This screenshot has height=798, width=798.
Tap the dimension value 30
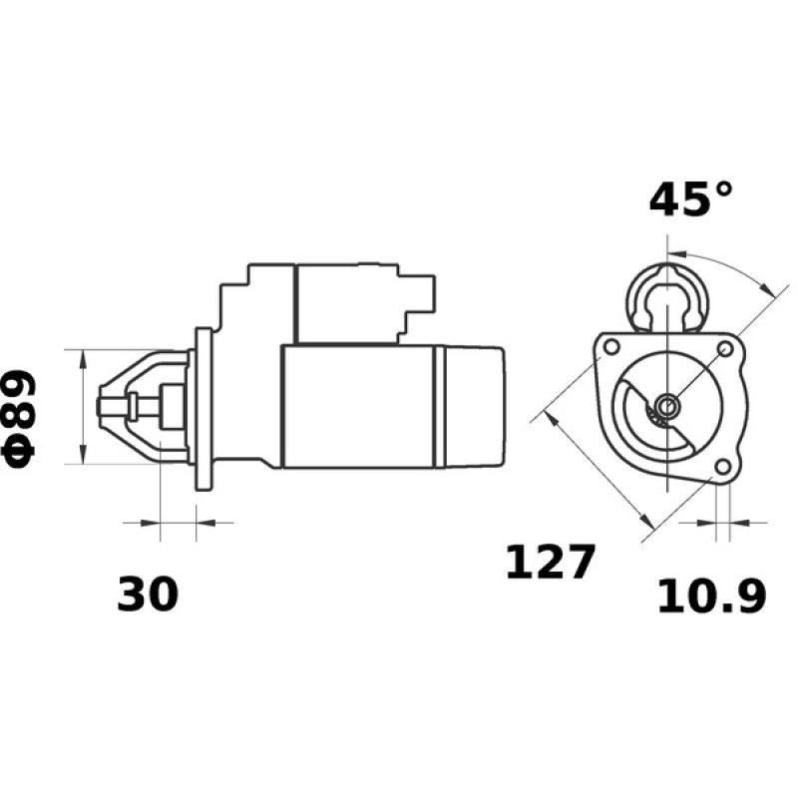[148, 595]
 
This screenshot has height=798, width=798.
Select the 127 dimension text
[550, 564]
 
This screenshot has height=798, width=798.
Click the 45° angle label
[690, 199]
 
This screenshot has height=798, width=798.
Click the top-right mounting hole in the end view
[726, 348]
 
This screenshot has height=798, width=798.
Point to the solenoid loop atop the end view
[666, 289]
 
